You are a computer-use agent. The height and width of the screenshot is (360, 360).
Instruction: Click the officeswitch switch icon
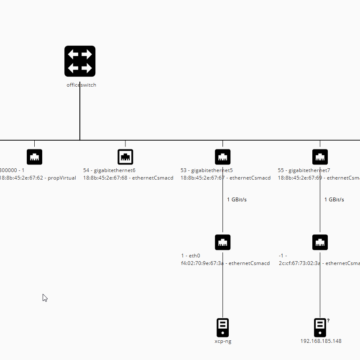pyautogui.click(x=80, y=61)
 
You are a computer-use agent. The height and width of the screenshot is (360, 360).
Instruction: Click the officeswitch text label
pyautogui.click(x=81, y=85)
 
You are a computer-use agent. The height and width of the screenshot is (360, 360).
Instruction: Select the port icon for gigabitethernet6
pyautogui.click(x=125, y=157)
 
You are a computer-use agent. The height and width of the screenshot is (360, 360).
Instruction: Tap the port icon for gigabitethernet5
pyautogui.click(x=222, y=157)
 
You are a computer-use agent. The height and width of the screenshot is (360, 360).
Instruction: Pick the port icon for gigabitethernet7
pyautogui.click(x=320, y=157)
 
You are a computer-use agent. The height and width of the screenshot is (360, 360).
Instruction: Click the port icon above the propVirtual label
pyautogui.click(x=34, y=157)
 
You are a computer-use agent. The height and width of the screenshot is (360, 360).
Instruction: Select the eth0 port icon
pyautogui.click(x=222, y=242)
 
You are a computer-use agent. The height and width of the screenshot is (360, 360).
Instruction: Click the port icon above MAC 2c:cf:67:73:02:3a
pyautogui.click(x=320, y=242)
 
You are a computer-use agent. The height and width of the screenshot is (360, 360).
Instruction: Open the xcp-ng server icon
pyautogui.click(x=222, y=327)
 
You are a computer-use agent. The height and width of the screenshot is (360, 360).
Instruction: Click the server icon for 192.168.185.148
pyautogui.click(x=320, y=327)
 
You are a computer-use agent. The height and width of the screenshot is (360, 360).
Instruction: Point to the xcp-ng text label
pyautogui.click(x=222, y=341)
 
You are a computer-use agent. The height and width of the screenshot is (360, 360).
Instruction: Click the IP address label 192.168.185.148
pyautogui.click(x=321, y=341)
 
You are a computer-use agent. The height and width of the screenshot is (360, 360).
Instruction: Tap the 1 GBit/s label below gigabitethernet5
pyautogui.click(x=237, y=200)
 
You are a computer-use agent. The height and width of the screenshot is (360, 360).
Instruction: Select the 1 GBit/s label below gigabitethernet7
pyautogui.click(x=334, y=200)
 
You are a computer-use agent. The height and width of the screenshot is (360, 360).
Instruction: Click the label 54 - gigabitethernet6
pyautogui.click(x=109, y=170)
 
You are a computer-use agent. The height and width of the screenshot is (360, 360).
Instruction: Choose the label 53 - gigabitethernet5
pyautogui.click(x=207, y=170)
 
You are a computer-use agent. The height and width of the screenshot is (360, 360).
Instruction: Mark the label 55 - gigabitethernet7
pyautogui.click(x=304, y=170)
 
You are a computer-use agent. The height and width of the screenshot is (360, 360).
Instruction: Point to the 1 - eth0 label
pyautogui.click(x=191, y=256)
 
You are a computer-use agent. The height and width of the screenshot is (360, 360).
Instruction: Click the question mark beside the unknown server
pyautogui.click(x=328, y=321)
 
